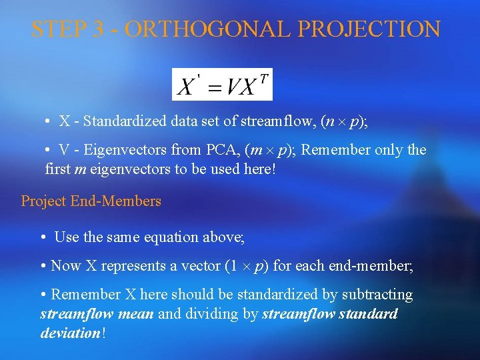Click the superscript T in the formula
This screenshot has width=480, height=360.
[264, 79]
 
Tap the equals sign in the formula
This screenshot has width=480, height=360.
[215, 87]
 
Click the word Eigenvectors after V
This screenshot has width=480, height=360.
[127, 150]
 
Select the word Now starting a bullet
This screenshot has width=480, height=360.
[65, 265]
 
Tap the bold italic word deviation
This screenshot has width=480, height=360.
[70, 333]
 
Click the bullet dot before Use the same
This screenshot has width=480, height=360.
[43, 237]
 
